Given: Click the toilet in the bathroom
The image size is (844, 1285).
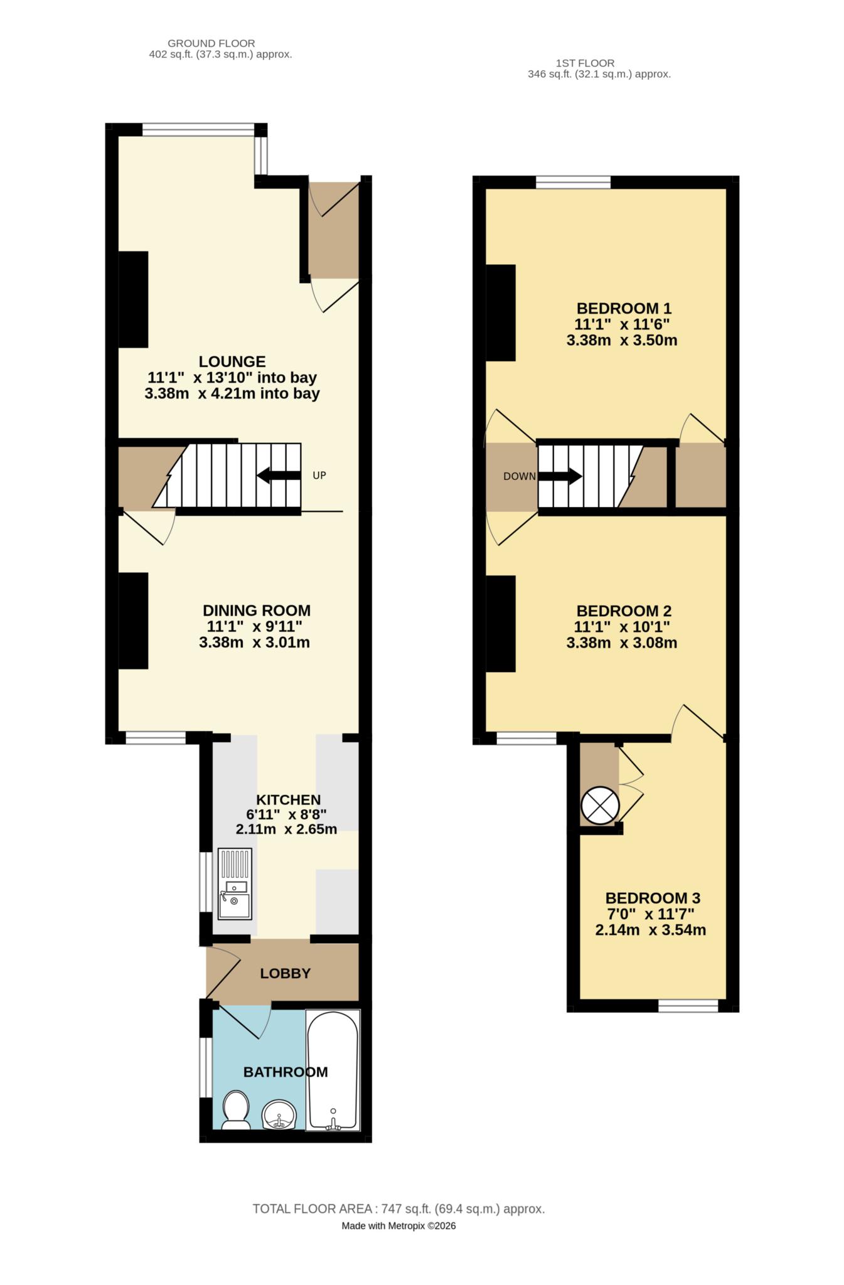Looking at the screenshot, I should pos(236,1110).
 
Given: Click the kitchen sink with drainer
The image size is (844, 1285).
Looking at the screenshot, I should pos(235,883).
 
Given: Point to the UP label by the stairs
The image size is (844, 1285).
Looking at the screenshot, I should pos(319,476).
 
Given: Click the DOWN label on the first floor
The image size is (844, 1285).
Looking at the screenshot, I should pos(520,476).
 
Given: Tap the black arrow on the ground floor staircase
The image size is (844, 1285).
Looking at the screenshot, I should pos(279,476).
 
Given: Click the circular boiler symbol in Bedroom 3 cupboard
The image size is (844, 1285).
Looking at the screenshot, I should pos(600,805).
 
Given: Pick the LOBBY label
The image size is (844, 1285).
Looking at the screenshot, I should pos(286,973).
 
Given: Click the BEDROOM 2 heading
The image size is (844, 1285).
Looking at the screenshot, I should pos(624,611).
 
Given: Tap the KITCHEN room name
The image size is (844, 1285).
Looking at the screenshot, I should pos(288,799).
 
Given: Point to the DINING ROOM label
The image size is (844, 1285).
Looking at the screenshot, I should pos(256,610).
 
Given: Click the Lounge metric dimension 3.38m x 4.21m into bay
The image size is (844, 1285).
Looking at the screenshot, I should pos(232,394).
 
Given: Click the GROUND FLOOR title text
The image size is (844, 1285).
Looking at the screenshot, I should pos(211,43).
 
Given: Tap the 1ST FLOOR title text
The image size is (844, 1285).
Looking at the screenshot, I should pos(585,63).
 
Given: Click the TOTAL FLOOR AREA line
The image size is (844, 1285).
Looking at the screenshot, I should pos(398,1209).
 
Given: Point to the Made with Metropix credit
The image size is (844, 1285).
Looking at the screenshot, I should pos(398,1225).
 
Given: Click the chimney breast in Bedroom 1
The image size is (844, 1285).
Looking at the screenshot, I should pos(501,312).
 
